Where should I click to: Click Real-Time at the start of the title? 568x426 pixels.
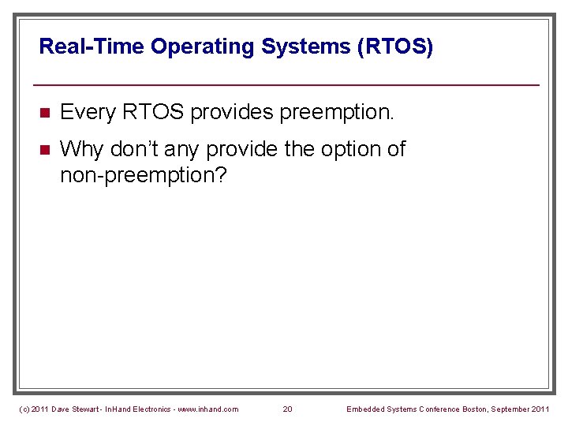coord(92,47)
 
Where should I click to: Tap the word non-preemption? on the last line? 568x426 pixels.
coord(143,174)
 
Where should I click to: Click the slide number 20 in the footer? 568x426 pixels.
coord(287,409)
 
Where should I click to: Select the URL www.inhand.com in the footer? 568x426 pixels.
coord(207,409)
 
